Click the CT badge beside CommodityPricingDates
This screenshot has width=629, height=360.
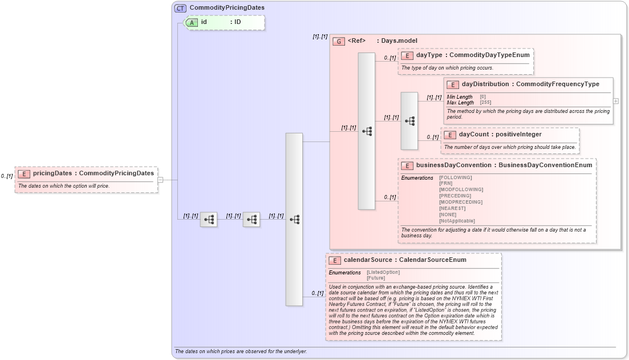click(x=180, y=9)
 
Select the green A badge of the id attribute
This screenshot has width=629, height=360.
click(x=192, y=22)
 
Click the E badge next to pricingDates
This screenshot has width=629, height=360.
click(x=24, y=173)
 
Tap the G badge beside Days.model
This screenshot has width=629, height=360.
click(x=339, y=41)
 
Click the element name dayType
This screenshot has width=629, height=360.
click(x=429, y=55)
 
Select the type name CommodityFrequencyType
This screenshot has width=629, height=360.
click(x=557, y=84)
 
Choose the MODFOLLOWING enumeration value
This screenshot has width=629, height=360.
click(x=461, y=189)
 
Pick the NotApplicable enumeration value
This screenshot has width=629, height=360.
click(x=457, y=221)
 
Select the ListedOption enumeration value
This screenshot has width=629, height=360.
click(x=383, y=272)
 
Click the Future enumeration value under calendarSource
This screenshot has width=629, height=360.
click(x=376, y=278)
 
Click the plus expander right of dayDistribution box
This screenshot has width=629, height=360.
click(x=616, y=101)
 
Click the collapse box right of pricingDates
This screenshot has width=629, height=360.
click(x=160, y=180)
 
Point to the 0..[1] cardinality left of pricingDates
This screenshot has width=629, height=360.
click(x=7, y=176)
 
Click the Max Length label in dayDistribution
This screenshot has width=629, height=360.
click(x=460, y=103)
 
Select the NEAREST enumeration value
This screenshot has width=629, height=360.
click(x=452, y=208)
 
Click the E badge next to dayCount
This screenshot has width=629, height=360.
click(x=450, y=135)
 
